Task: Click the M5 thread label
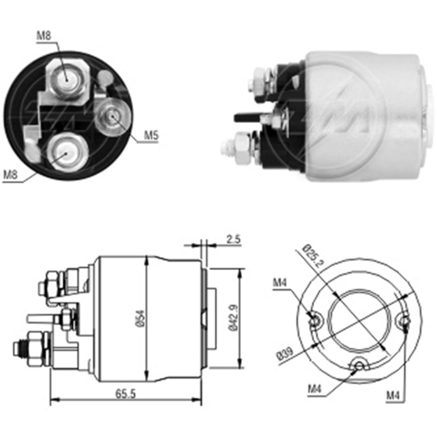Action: (x=151, y=136)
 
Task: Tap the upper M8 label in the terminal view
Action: (x=44, y=36)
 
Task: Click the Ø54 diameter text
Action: (x=139, y=322)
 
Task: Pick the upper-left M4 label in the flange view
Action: (x=280, y=283)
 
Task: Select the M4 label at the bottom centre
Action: (x=316, y=388)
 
